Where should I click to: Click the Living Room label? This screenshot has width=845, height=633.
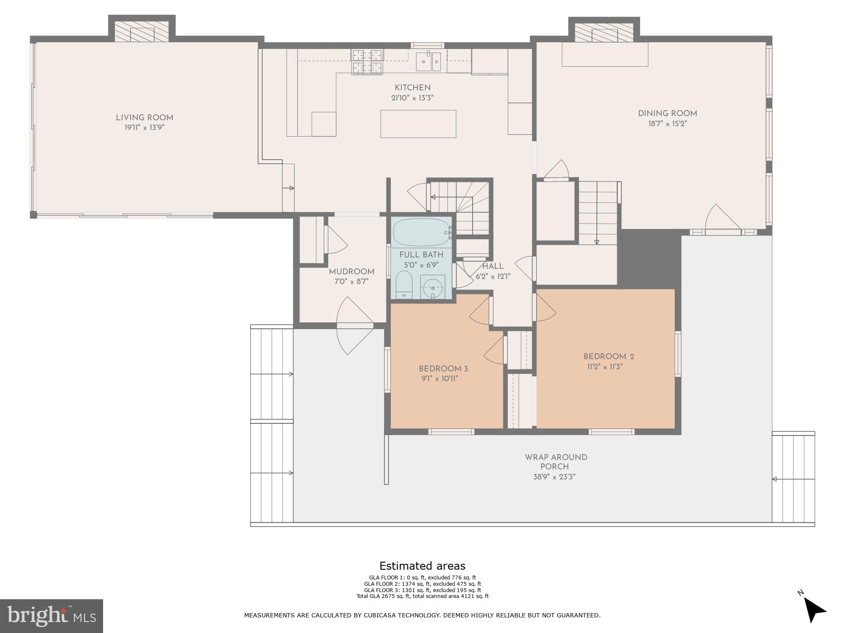pyautogui.click(x=144, y=118)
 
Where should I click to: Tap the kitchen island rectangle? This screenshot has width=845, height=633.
pyautogui.click(x=418, y=124)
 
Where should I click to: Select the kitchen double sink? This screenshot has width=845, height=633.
pyautogui.click(x=428, y=62)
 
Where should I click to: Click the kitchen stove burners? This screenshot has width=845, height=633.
pyautogui.click(x=367, y=62)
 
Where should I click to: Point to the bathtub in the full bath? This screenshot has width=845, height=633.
pyautogui.click(x=421, y=232)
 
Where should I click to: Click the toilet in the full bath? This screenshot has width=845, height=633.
pyautogui.click(x=404, y=285)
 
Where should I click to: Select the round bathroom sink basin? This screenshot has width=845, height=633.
pyautogui.click(x=433, y=288)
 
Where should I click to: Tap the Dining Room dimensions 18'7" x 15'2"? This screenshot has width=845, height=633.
pyautogui.click(x=667, y=124)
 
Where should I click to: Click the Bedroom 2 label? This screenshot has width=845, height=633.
pyautogui.click(x=608, y=357)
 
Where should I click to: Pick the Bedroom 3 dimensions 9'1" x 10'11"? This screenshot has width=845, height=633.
pyautogui.click(x=439, y=379)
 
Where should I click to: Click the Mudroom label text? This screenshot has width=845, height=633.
pyautogui.click(x=352, y=272)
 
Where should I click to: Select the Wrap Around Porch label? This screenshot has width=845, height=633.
pyautogui.click(x=556, y=462)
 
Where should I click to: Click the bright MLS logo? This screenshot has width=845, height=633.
pyautogui.click(x=51, y=616)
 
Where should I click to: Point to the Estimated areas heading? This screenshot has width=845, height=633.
pyautogui.click(x=422, y=566)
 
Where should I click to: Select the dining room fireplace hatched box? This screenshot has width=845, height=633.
pyautogui.click(x=604, y=32)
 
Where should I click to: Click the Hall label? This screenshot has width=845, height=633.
pyautogui.click(x=493, y=266)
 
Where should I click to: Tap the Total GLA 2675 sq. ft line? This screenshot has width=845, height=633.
pyautogui.click(x=422, y=596)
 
